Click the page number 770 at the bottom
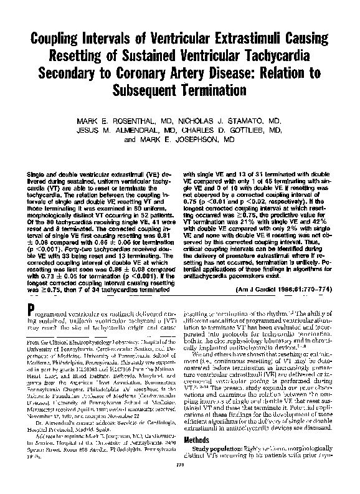point(180,482)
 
